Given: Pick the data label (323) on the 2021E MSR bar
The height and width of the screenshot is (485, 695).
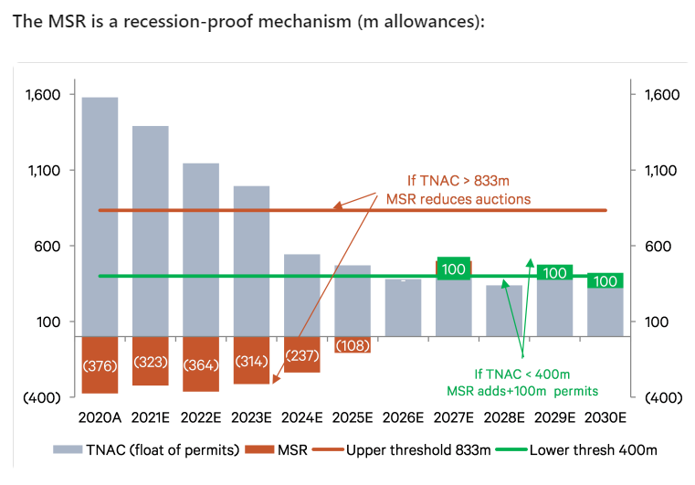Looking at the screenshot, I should pyautogui.click(x=151, y=362).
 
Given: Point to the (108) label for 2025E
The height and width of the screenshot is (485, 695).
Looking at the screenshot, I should pyautogui.click(x=353, y=346).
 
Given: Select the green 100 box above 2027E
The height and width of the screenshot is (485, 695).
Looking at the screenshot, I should pyautogui.click(x=454, y=269).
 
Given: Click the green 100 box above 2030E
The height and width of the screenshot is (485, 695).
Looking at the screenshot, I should pyautogui.click(x=605, y=281).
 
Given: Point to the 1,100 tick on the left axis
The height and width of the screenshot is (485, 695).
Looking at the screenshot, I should pyautogui.click(x=43, y=171).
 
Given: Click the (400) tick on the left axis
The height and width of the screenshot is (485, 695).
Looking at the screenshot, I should pyautogui.click(x=43, y=397).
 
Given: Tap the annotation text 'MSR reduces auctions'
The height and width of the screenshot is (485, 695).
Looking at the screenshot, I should pyautogui.click(x=458, y=198).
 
